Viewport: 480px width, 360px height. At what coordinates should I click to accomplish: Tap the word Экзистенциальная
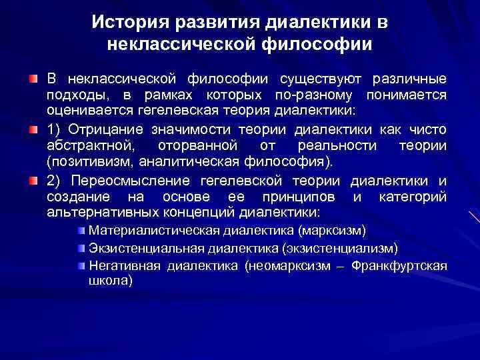[x=138, y=248]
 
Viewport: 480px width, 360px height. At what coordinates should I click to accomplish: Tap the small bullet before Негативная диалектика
[x=81, y=265]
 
